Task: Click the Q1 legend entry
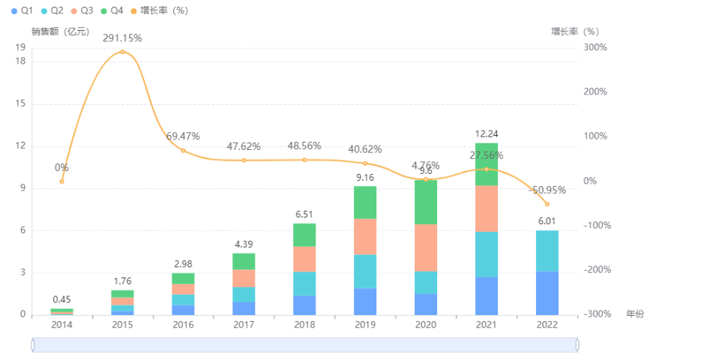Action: point(22,10)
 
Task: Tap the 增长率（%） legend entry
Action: point(157,10)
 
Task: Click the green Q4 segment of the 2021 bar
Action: point(487,163)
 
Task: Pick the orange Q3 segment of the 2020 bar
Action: point(426,247)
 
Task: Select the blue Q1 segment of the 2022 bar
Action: point(547,292)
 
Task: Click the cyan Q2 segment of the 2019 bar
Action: point(365,271)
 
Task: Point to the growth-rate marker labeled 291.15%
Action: point(122,52)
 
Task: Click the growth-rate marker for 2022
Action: point(547,204)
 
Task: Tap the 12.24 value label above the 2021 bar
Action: point(487,134)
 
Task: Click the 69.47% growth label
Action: point(183,136)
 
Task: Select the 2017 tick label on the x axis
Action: point(244,325)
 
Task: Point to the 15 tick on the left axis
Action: point(21,103)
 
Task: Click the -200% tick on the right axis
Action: point(596,270)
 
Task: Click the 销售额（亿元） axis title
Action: point(60,31)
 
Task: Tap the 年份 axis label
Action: point(634,314)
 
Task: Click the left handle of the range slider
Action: point(33,344)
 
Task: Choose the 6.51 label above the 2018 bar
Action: point(304,214)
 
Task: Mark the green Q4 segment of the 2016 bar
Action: point(183,278)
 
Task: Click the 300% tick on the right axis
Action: point(596,47)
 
